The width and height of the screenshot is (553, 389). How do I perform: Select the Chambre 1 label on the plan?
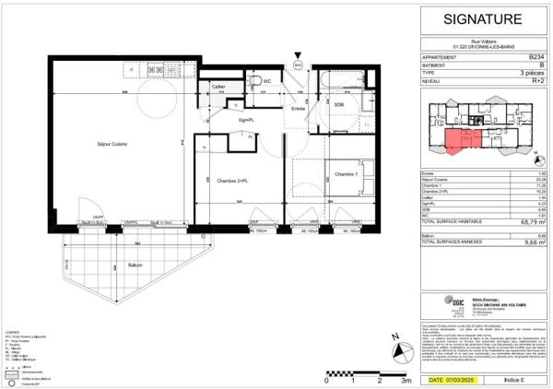coord(346,174)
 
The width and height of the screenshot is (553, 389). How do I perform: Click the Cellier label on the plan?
coord(218,87)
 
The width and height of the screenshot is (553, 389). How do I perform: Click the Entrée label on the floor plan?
coord(298,109)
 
